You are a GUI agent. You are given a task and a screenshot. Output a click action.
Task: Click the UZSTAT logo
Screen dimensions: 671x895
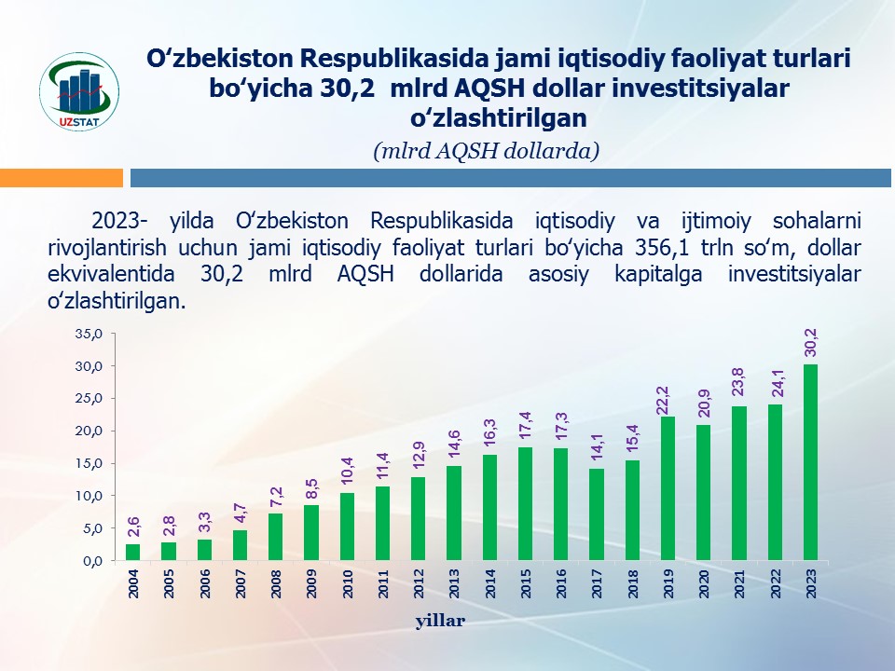[79, 91]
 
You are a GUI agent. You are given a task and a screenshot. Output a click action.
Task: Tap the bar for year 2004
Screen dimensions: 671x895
[133, 552]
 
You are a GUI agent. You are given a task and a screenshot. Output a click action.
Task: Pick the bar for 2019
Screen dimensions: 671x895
[668, 488]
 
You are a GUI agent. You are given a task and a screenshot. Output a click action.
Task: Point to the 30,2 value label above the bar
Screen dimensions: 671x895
[810, 342]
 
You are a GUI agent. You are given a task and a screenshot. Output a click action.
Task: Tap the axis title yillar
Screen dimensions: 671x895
[441, 621]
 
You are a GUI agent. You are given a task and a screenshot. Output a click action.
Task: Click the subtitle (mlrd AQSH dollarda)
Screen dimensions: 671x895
[485, 151]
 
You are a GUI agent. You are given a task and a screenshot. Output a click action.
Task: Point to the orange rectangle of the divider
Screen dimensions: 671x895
[62, 178]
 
